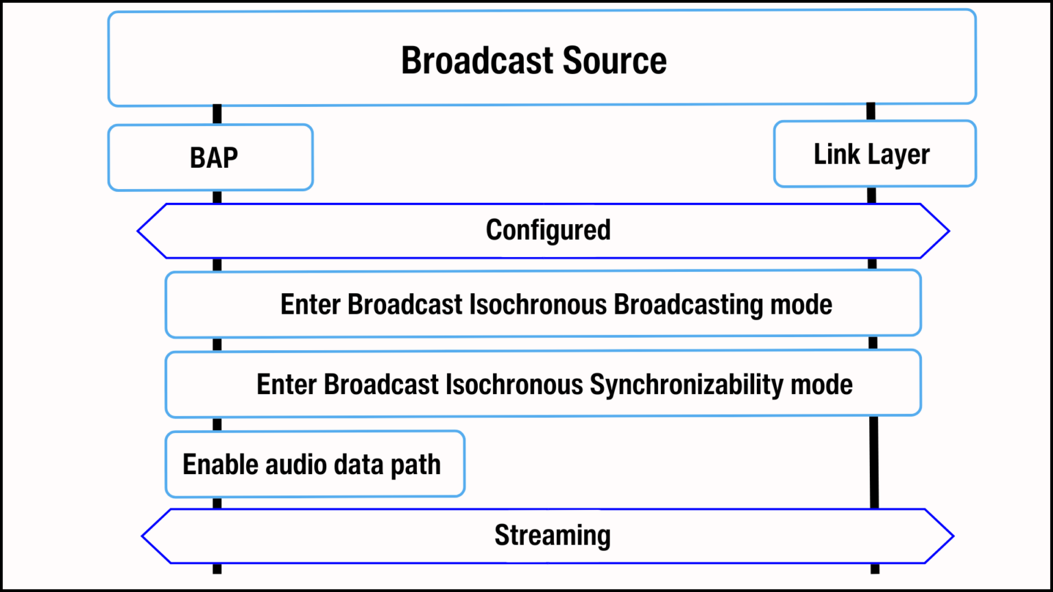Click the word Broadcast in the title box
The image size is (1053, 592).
click(x=477, y=60)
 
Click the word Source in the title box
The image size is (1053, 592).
click(x=614, y=60)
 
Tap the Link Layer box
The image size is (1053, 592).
click(x=874, y=154)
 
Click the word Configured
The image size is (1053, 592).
click(x=548, y=230)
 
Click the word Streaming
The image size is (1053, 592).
click(x=552, y=535)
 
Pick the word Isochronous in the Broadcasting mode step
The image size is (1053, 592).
click(x=537, y=304)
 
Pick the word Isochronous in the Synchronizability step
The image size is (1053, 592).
click(x=514, y=384)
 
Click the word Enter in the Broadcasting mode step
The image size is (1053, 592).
click(x=311, y=304)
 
